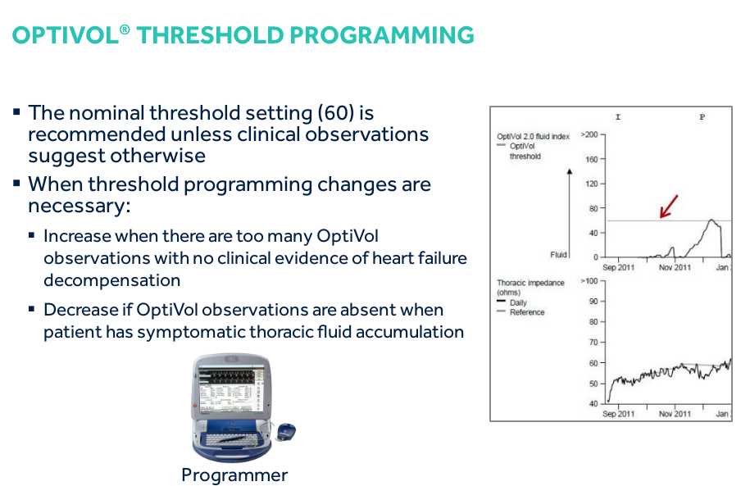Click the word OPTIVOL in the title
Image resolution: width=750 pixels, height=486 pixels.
point(66,35)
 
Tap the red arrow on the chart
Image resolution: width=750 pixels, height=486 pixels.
point(669,207)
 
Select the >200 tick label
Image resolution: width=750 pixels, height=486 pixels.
point(589,134)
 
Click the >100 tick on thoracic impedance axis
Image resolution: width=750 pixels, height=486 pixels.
point(589,281)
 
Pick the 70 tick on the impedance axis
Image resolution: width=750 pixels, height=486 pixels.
point(593,342)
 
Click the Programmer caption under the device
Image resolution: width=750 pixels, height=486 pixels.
point(234,475)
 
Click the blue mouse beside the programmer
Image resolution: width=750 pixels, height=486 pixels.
point(287,431)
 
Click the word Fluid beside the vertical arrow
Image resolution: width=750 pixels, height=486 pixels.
point(558,255)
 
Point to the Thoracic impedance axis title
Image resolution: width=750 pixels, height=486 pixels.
point(530,288)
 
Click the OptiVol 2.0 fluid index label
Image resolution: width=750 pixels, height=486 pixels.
point(534,136)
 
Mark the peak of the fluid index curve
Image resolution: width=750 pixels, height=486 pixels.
point(711,220)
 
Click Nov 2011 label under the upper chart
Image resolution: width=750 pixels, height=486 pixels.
point(675,267)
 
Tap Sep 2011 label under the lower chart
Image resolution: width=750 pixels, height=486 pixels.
point(619,414)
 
